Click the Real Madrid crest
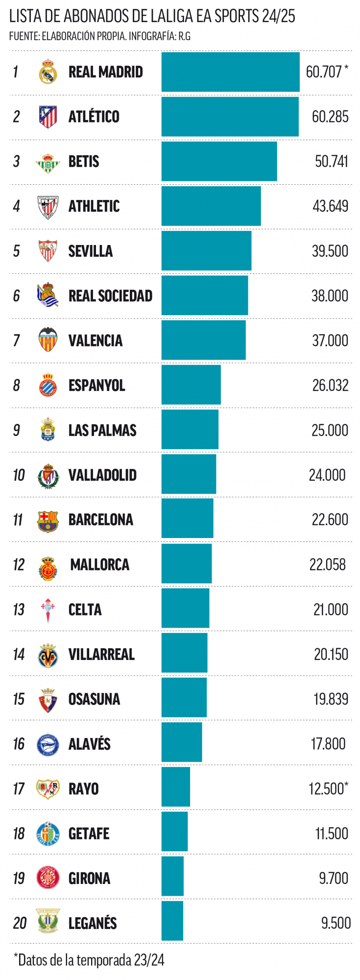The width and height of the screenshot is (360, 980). coord(48,72)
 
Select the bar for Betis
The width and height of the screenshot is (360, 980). coord(219,161)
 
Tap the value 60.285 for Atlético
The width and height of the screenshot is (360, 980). coord(330,117)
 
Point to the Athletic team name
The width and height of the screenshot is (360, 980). coord(94,206)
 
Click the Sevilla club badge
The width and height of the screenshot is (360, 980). coord(48,251)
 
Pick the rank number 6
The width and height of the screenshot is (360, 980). coord(17,296)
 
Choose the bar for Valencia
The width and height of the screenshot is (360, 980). coord(203,340)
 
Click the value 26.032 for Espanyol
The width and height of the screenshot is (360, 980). coord(330,386)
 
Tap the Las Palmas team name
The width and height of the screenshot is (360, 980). coord(102,430)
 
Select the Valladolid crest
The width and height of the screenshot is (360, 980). coord(48,475)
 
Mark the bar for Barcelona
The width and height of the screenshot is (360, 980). coord(187,518)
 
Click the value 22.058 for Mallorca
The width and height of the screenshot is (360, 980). coord(327,564)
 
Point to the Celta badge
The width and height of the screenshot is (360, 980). coord(48,610)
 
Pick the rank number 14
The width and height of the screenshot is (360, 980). coord(19,654)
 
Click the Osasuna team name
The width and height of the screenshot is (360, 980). coord(94,699)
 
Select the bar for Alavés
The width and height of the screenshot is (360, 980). coord(182,742)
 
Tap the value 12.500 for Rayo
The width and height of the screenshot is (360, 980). coord(327,788)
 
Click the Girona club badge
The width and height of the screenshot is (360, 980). coord(48,878)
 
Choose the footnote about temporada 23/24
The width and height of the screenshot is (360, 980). coord(89,959)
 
